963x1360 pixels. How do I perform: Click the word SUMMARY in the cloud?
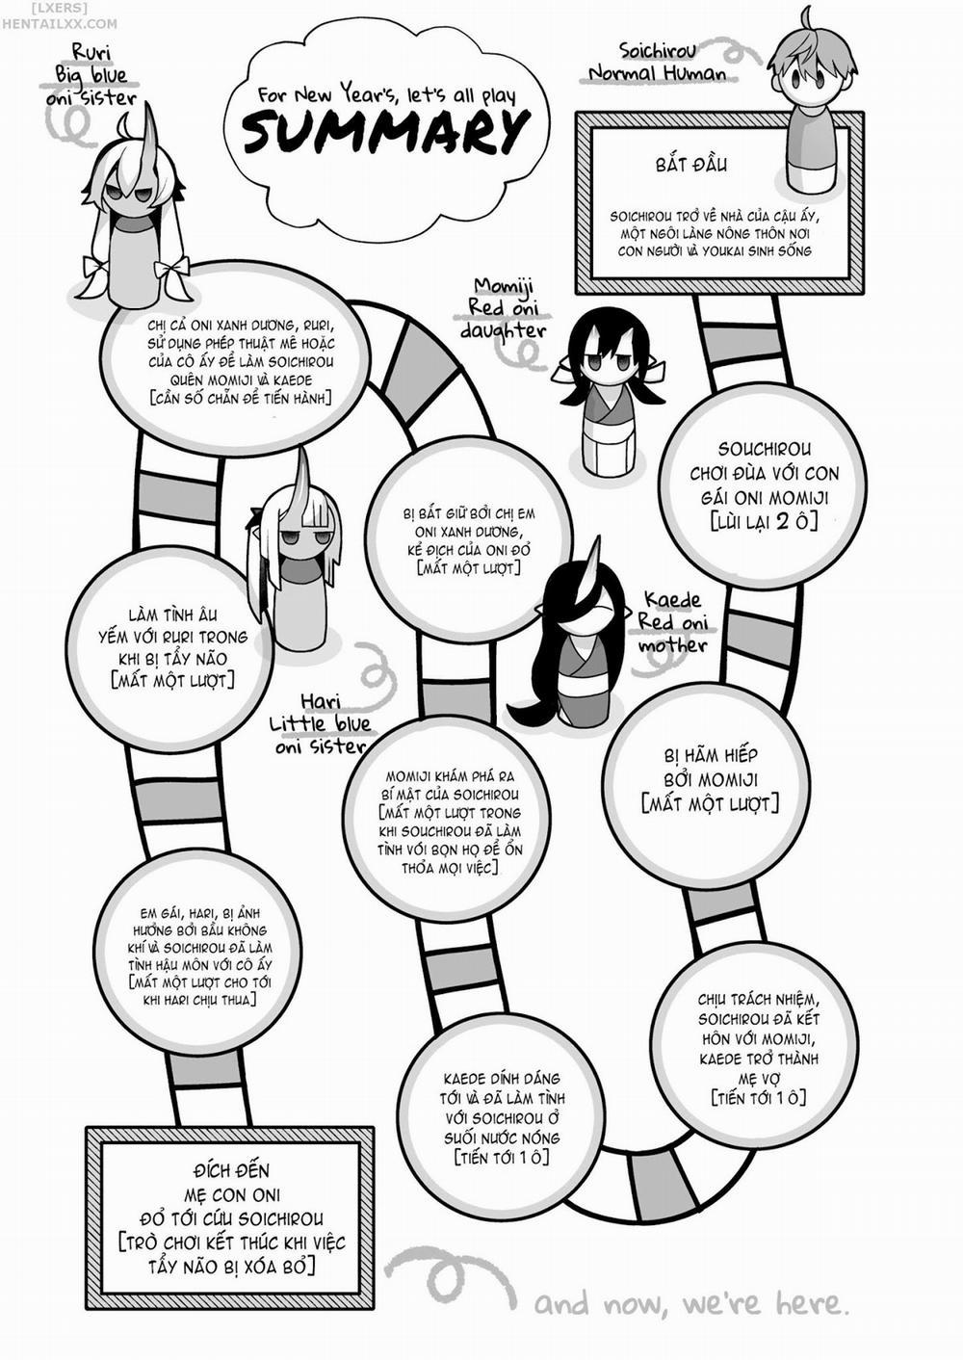382,133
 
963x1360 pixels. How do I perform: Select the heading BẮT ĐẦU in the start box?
691,165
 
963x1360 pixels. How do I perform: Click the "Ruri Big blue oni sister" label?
92,75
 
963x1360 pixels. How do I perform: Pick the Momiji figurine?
609,391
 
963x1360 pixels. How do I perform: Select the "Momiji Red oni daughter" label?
504,308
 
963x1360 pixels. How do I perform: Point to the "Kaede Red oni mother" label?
672,622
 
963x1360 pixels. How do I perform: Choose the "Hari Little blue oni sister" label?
320,724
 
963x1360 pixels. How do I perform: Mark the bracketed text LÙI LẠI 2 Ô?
764,521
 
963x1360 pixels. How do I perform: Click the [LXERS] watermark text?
58,9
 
